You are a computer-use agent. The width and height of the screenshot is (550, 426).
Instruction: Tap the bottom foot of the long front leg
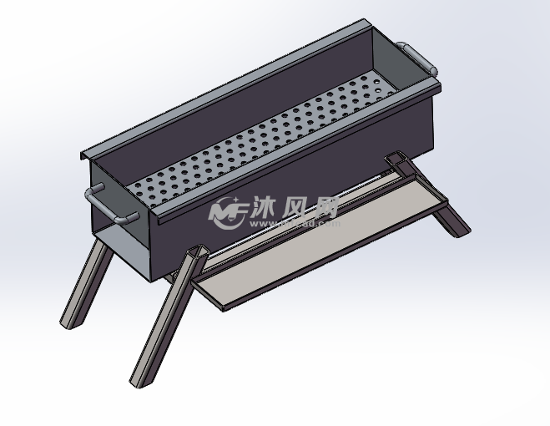137,381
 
